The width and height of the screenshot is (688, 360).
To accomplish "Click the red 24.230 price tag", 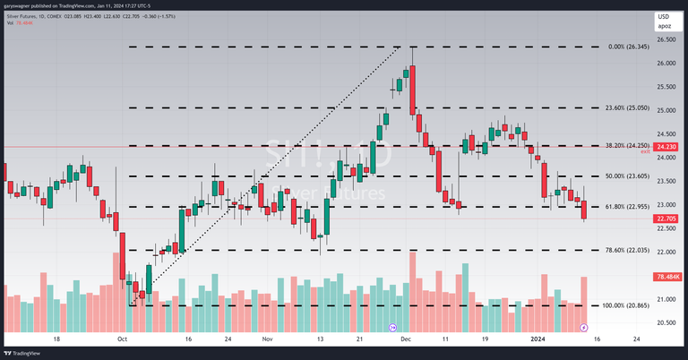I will pos(666,146).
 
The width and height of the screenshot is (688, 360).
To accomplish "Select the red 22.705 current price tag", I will pos(666,219).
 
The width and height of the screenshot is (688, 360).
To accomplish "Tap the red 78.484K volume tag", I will pos(666,277).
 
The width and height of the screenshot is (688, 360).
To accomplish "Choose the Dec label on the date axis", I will pos(406,339).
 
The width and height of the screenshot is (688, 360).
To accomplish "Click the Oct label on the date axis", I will pos(123,339).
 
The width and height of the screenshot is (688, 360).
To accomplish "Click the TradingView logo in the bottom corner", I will pos(25,353).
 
